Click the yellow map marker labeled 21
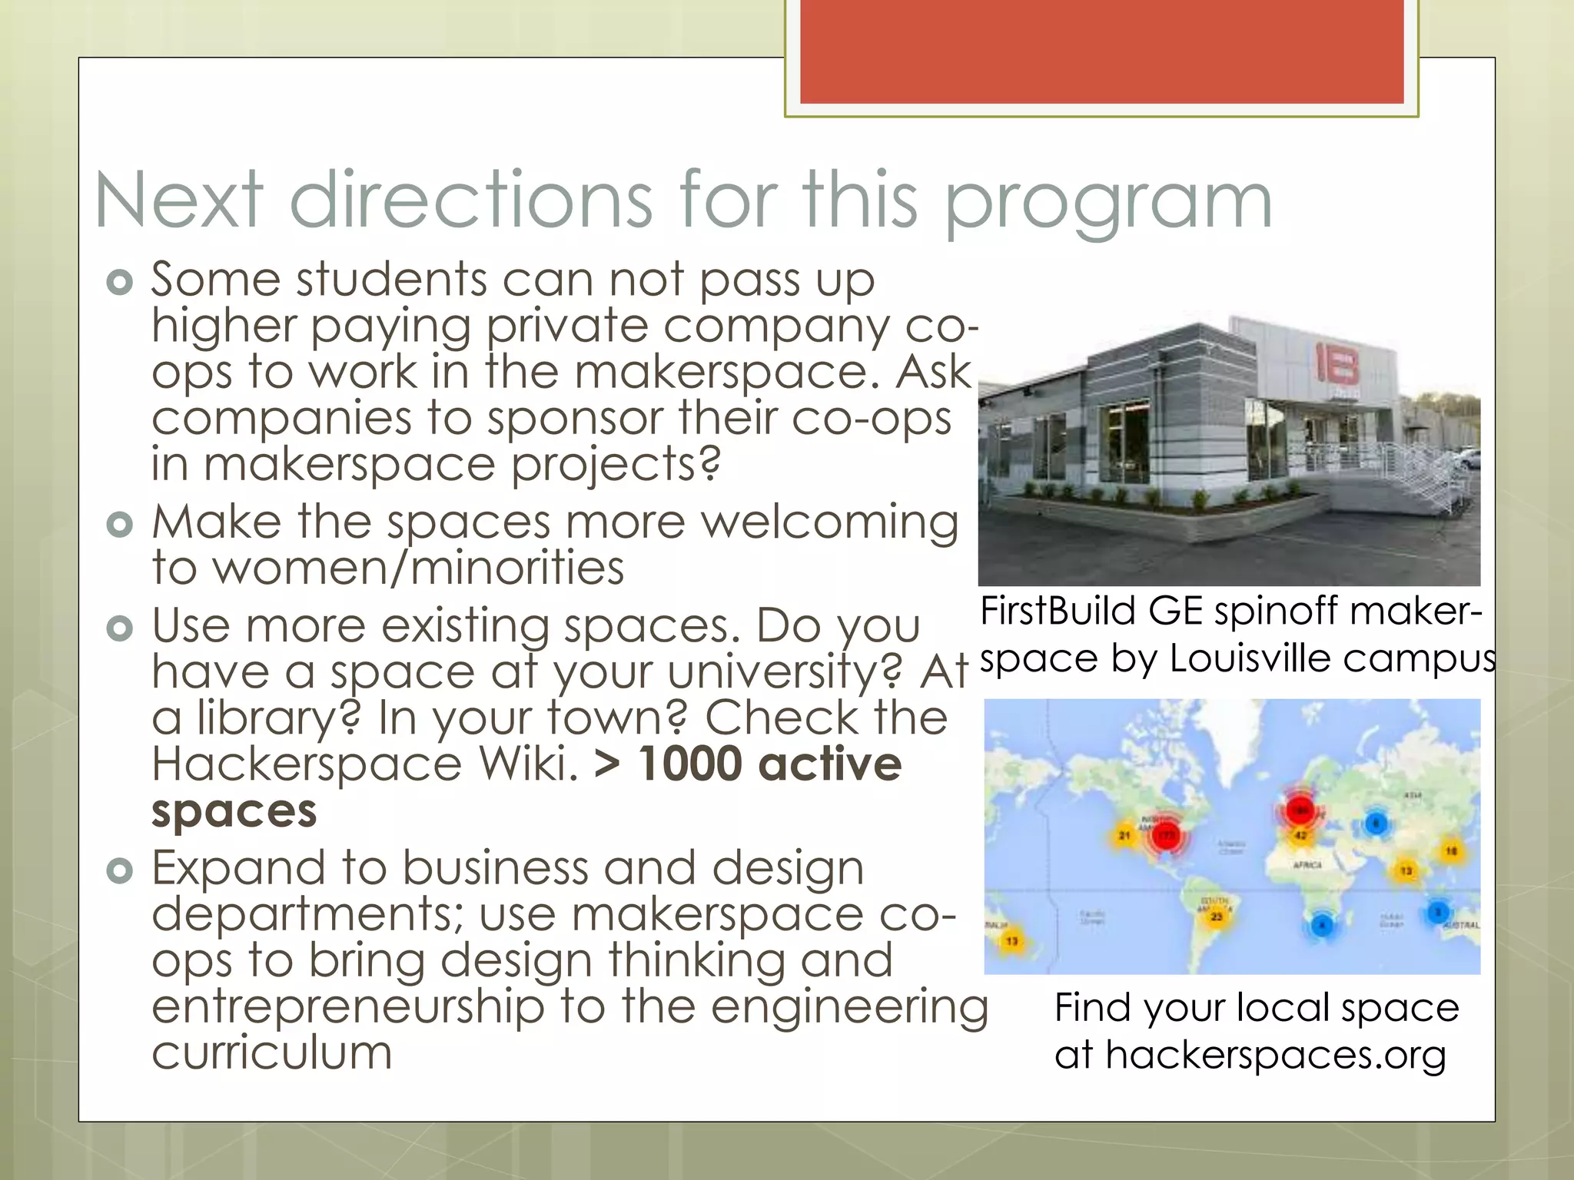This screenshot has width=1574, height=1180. pos(1124,835)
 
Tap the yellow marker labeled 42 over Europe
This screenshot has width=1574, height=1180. pos(1300,835)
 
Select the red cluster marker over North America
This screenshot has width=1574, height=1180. pos(1167,836)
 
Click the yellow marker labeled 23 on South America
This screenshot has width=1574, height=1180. pos(1217,916)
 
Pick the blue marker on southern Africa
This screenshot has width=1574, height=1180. pos(1322,925)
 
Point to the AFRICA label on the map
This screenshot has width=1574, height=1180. pos(1307,865)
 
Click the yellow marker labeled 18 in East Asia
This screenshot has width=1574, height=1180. pos(1451,851)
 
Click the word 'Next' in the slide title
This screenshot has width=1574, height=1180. pos(179,201)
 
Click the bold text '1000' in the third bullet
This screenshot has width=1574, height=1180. pos(689,764)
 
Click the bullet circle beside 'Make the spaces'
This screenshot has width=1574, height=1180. pos(120,525)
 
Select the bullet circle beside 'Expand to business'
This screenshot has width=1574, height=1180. pos(120,870)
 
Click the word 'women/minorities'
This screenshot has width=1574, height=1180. pos(418,568)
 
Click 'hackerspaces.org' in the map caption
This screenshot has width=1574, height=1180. pos(1275,1055)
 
